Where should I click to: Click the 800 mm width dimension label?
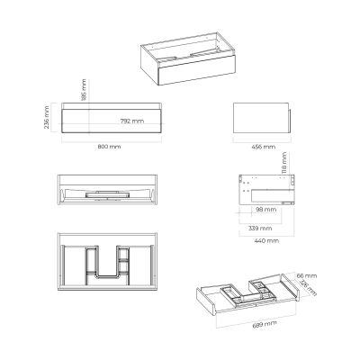coord(108,147)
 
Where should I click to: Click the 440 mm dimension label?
coord(267,242)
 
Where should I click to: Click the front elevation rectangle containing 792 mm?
coord(108,120)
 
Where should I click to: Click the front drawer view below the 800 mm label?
coord(108,190)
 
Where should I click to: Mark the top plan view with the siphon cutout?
coord(108,261)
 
